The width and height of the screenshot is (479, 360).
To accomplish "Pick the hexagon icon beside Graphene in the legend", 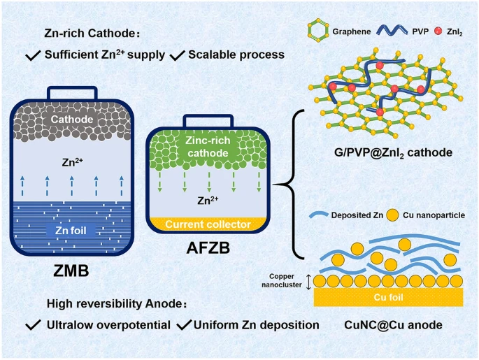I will pyautogui.click(x=318, y=30).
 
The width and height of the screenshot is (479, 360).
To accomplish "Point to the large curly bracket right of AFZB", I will pyautogui.click(x=288, y=186).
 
